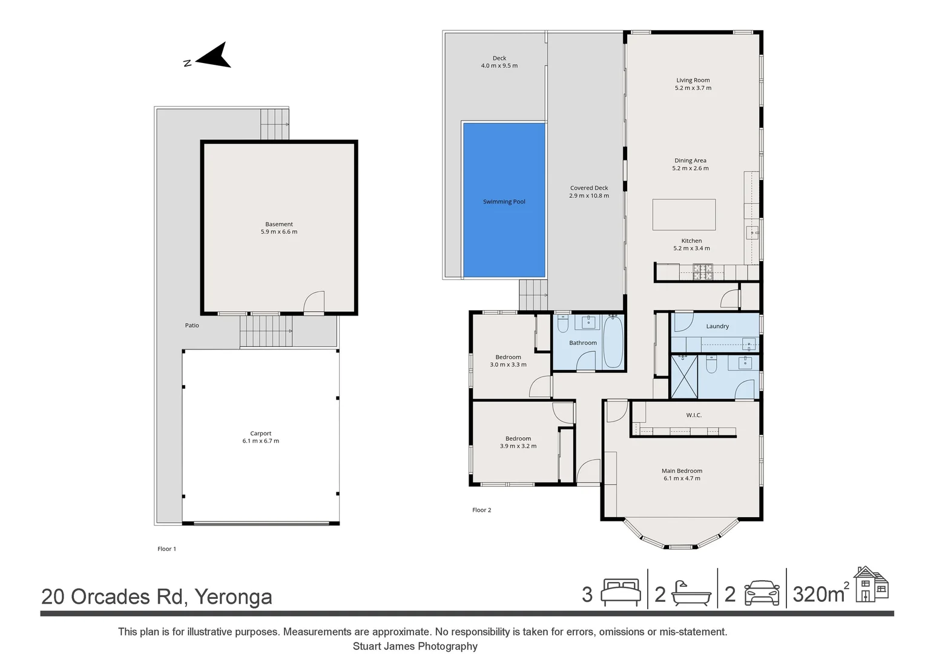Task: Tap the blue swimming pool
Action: point(504,200)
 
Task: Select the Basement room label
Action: point(278,224)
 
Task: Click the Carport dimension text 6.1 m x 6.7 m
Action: point(261,441)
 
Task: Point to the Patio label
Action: point(192,326)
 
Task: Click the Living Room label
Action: point(693,80)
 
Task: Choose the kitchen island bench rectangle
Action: point(683,214)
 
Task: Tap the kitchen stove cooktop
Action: point(702,271)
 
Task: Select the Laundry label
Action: point(717,326)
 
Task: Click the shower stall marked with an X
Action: point(683,377)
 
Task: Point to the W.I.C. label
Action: point(694,415)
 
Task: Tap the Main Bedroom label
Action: point(682,471)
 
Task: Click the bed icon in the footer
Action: point(621,593)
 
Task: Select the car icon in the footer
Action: point(762,593)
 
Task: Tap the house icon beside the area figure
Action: point(871,585)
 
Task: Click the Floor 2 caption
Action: point(482,510)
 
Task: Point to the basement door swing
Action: point(314,302)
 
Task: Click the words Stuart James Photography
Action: point(415,646)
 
